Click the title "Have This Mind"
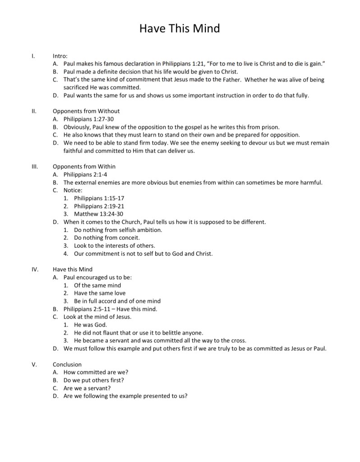(x=180, y=28)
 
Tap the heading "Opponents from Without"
(x=86, y=111)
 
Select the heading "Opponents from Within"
(x=84, y=166)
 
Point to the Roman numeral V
(x=34, y=364)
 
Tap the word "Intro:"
(x=60, y=56)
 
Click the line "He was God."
(x=90, y=325)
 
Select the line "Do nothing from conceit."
(x=107, y=237)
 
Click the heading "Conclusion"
(x=67, y=364)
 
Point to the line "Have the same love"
(x=100, y=293)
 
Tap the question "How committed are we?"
(x=96, y=372)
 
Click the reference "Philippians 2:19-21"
(x=99, y=206)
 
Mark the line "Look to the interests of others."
(x=115, y=245)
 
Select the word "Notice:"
(x=73, y=190)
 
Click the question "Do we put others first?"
(x=94, y=380)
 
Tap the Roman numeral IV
(x=35, y=269)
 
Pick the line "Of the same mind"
(x=97, y=285)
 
